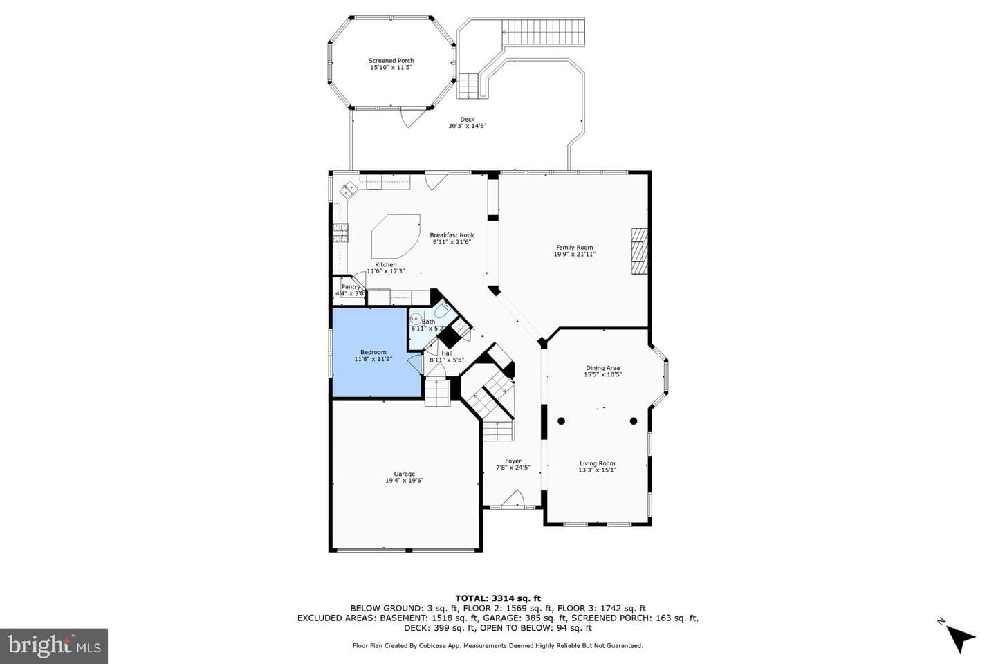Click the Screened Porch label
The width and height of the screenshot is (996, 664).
tap(391, 60)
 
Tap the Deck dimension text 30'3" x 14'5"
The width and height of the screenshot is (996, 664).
tap(467, 126)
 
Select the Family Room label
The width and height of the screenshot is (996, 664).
tap(575, 248)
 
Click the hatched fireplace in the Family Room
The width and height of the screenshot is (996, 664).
tap(639, 251)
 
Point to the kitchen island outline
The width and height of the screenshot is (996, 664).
tap(396, 236)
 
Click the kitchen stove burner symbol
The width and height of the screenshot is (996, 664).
tap(340, 233)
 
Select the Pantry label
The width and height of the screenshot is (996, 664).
tap(351, 287)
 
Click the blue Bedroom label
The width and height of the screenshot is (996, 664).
tap(373, 352)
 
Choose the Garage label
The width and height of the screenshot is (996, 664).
tap(404, 474)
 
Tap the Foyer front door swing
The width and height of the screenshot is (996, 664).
tap(513, 498)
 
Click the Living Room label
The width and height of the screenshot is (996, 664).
tap(597, 463)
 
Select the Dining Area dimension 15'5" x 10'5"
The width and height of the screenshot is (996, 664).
tap(602, 374)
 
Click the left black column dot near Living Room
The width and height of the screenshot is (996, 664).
tap(561, 421)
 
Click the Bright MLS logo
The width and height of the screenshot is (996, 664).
tap(54, 646)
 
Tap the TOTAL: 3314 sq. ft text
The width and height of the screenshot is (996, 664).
tap(498, 598)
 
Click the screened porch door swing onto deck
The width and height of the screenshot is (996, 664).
tap(411, 116)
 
